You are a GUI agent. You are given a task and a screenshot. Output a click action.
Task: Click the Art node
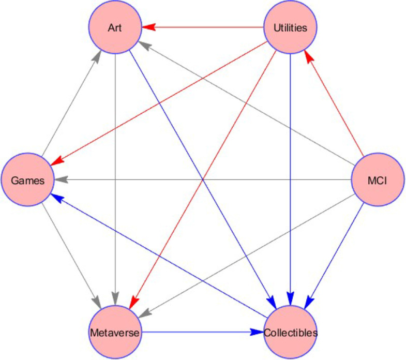(x=115, y=27)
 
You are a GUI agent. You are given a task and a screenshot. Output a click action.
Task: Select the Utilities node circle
(x=290, y=27)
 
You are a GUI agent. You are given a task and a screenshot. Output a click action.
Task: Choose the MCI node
(x=378, y=179)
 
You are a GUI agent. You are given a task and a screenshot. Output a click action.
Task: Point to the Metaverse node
(x=115, y=332)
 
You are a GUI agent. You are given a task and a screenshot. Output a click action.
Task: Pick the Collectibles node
(x=290, y=332)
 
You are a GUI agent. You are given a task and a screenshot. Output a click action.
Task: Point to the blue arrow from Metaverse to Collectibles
(x=202, y=332)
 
